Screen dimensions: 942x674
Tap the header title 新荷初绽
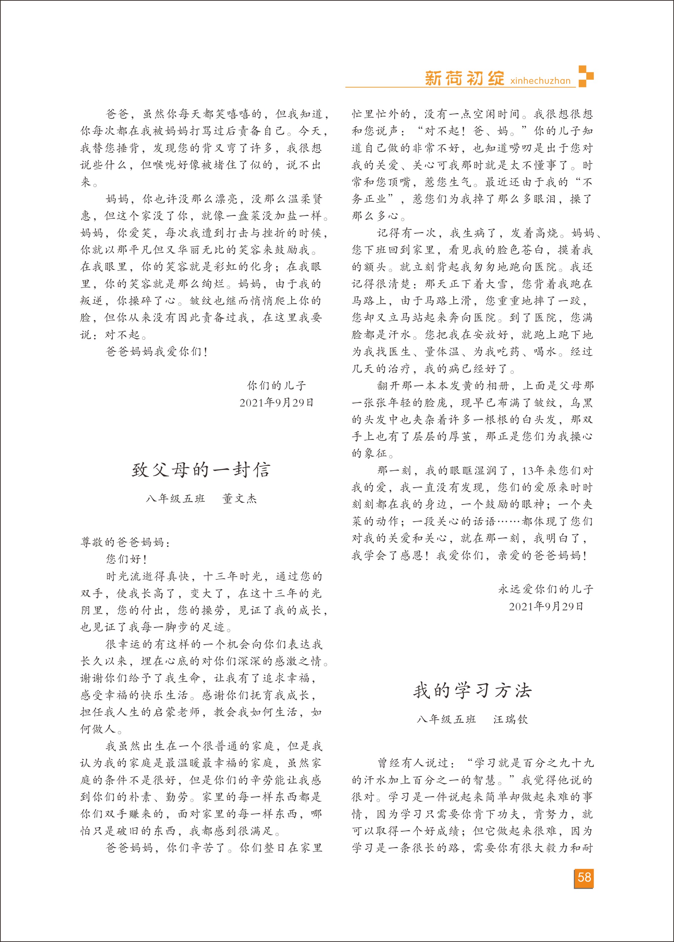[464, 78]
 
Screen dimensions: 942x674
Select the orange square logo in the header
[586, 76]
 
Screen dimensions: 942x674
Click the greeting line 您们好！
[127, 559]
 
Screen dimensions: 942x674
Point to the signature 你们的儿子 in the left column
[276, 386]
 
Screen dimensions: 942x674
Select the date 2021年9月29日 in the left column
[276, 402]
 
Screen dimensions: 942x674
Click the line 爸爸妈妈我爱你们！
[157, 352]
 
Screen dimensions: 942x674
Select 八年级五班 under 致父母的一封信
[175, 498]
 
